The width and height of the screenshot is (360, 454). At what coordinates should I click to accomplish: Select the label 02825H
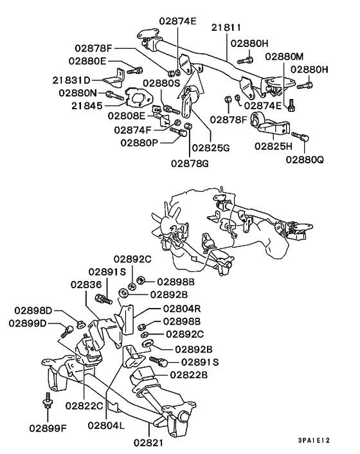coord(274,147)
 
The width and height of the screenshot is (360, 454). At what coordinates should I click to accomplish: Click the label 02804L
coord(109,425)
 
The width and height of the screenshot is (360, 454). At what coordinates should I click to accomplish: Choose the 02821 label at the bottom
coord(149,443)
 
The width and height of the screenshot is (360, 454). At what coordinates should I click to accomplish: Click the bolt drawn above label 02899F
coord(46,401)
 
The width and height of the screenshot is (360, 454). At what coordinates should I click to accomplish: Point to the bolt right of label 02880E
coord(134,69)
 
